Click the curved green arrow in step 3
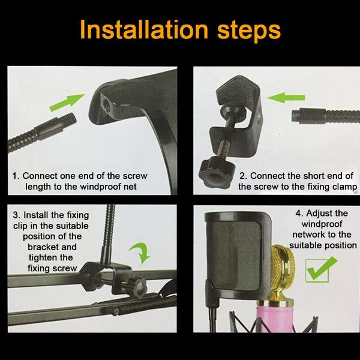[143, 252]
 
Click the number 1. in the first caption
[17, 176]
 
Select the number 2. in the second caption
[242, 176]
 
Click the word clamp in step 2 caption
[344, 187]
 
